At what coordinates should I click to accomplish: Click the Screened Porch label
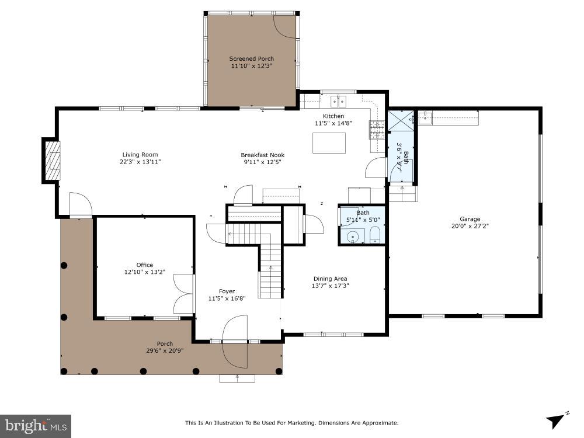[251, 58]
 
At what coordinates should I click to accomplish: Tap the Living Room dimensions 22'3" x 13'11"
[140, 162]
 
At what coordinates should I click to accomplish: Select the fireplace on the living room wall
[52, 161]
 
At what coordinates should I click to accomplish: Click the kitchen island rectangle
[329, 143]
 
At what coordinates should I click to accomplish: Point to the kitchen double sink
[338, 102]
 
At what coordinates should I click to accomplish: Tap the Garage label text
[470, 219]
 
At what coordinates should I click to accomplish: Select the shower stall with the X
[402, 120]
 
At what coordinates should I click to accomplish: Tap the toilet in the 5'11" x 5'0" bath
[375, 236]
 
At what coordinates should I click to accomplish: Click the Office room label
[145, 265]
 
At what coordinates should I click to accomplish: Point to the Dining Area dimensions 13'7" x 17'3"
[330, 286]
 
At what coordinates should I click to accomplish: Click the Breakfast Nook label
[263, 155]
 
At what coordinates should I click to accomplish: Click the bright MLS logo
[35, 426]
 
